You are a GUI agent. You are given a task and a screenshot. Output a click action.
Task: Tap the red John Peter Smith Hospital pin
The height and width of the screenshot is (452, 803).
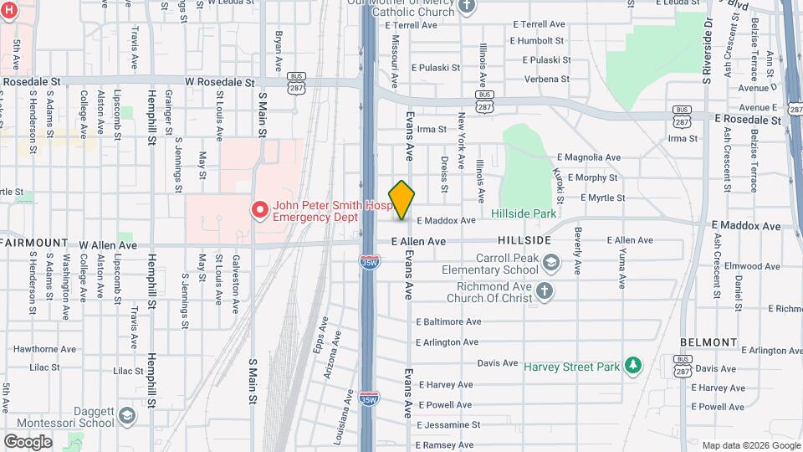pos(259,209)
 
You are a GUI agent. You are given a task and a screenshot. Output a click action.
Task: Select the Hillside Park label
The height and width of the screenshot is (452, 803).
pos(524,214)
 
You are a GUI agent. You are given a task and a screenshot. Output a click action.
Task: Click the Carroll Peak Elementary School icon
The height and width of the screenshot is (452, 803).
pos(551,264)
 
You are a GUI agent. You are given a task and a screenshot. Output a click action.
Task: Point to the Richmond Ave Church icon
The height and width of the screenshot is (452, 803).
pos(544,291)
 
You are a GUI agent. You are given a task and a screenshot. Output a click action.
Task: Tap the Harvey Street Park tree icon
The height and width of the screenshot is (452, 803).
pos(633,366)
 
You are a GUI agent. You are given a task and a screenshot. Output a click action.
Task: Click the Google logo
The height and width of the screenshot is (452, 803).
pos(27,441)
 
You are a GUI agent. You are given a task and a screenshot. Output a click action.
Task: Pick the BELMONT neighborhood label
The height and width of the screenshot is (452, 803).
pos(708,342)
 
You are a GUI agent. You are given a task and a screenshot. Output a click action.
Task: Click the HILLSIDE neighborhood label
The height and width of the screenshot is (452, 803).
pos(524,240)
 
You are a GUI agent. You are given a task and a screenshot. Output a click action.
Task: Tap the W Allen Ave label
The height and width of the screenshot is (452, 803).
pos(108,245)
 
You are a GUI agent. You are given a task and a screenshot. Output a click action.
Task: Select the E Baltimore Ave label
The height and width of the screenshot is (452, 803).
pos(448,321)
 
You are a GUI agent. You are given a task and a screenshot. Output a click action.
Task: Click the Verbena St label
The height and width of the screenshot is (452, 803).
pos(547,80)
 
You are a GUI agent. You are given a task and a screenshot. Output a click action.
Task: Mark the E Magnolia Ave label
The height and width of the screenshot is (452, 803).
pos(589,157)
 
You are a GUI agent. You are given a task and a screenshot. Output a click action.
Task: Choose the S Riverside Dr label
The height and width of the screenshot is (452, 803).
pos(707,50)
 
